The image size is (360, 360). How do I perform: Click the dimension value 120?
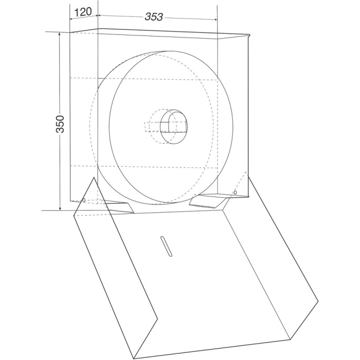click(83, 12)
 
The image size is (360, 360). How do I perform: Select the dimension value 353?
click(154, 17)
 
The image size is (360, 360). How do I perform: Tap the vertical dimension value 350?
click(60, 124)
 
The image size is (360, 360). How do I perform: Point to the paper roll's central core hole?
click(174, 127)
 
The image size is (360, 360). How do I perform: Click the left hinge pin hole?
click(84, 200)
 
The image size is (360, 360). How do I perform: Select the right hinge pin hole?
click(235, 192)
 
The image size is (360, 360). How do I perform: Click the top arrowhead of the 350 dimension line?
click(60, 34)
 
